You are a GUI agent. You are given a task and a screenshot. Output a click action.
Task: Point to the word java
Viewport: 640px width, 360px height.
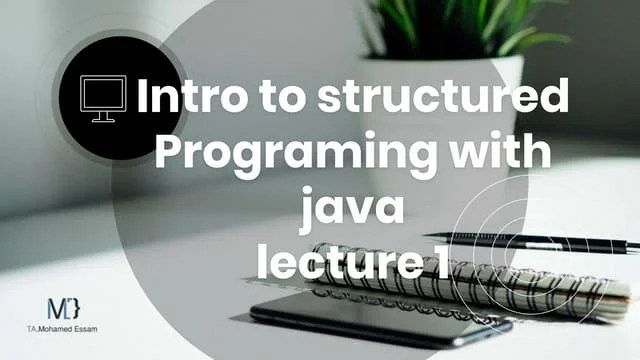click(x=350, y=209)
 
